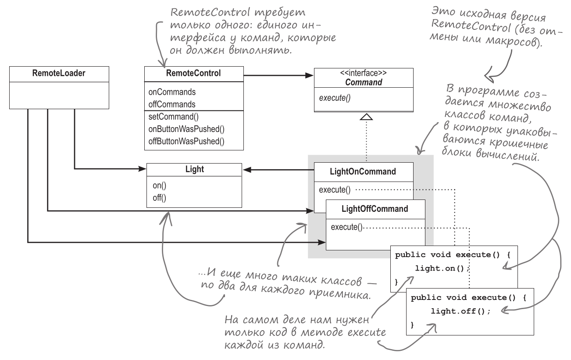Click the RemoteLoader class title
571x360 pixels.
(59, 73)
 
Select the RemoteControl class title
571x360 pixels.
(193, 73)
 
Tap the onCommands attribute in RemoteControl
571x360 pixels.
(171, 93)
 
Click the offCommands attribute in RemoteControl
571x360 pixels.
(171, 104)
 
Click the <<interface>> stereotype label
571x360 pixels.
(363, 73)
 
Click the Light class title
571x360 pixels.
(193, 169)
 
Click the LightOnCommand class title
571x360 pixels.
(364, 171)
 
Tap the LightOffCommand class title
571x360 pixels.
(375, 209)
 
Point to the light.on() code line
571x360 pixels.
(439, 267)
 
